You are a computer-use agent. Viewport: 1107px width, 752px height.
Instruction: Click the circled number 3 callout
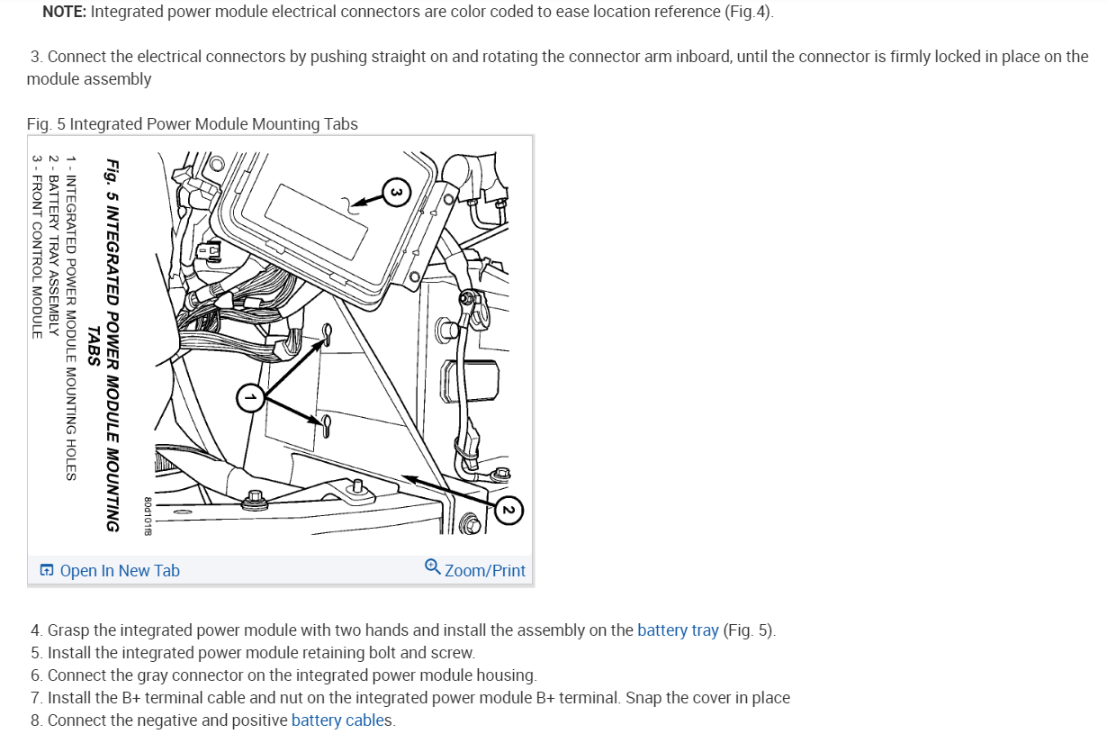(397, 191)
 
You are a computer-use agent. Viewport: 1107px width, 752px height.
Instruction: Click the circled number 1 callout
(251, 397)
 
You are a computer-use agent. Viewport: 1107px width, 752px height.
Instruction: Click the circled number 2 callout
(508, 511)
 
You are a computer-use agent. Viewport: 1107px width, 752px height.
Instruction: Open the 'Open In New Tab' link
(120, 570)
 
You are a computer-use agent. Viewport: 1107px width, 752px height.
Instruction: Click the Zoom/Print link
(484, 570)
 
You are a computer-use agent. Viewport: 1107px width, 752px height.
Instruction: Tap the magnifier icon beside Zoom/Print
(433, 567)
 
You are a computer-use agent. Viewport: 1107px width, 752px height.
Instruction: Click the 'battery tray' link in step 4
(678, 630)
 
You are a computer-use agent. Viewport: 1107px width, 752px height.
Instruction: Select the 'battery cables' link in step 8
(341, 720)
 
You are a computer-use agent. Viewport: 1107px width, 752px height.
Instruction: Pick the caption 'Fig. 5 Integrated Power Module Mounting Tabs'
(193, 124)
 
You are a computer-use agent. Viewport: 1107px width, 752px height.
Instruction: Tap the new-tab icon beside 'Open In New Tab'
(47, 570)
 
